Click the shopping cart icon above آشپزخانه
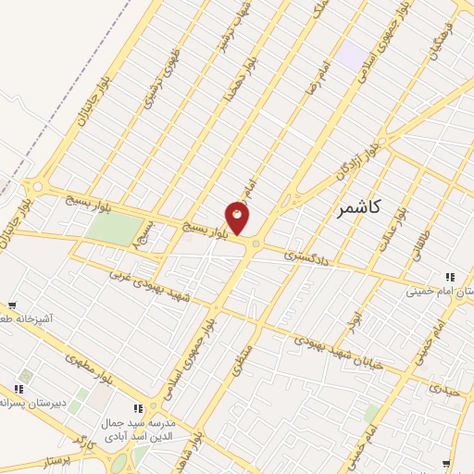tap(12, 305)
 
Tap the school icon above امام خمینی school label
tap(450, 276)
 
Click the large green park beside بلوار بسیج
tap(112, 229)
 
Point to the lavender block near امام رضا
tap(351, 54)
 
